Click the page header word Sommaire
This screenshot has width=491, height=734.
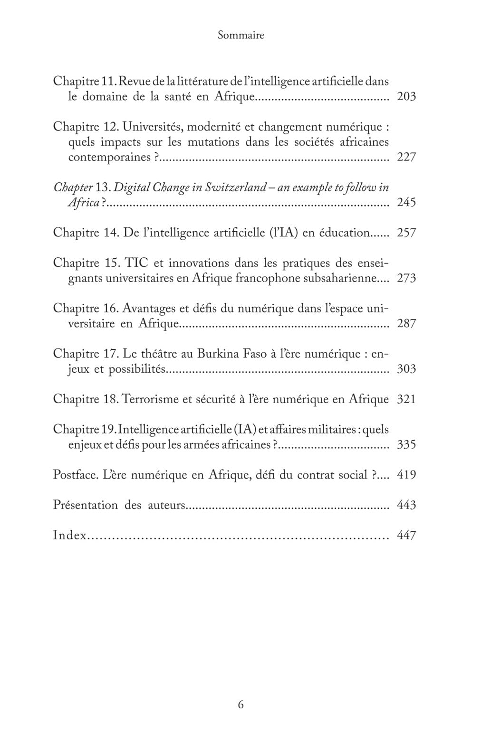pyautogui.click(x=241, y=35)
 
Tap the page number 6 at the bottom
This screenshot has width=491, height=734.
pyautogui.click(x=241, y=705)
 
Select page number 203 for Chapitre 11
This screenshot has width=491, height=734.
pyautogui.click(x=406, y=97)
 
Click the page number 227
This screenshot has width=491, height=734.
pyautogui.click(x=406, y=157)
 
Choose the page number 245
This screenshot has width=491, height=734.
pyautogui.click(x=406, y=203)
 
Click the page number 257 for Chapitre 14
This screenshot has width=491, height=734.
pyautogui.click(x=406, y=233)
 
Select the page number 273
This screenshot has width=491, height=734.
pyautogui.click(x=406, y=278)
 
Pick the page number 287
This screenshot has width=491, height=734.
pyautogui.click(x=406, y=324)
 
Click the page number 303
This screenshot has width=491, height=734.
pyautogui.click(x=406, y=369)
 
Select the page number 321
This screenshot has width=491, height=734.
pyautogui.click(x=406, y=399)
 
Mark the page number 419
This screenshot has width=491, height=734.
pyautogui.click(x=406, y=475)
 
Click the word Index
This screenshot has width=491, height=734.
pyautogui.click(x=69, y=536)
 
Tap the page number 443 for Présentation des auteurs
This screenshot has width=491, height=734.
pyautogui.click(x=406, y=505)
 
